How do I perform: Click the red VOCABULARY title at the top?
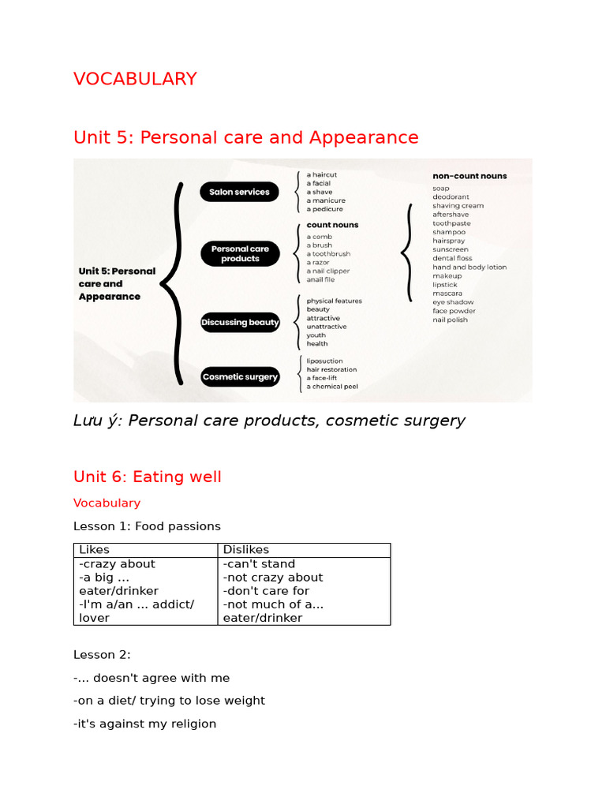point(135,79)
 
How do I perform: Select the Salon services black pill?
point(239,192)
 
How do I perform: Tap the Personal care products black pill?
point(240,253)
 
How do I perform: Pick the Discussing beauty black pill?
point(240,322)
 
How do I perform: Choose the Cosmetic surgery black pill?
point(240,377)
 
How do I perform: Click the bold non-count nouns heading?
point(469,176)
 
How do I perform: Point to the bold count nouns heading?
point(332,225)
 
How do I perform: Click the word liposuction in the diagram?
point(324,361)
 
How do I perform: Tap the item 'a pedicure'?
point(325,209)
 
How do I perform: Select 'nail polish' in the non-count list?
point(450,320)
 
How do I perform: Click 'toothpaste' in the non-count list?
point(451,223)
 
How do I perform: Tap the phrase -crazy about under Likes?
point(118,564)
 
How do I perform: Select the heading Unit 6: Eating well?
point(148,477)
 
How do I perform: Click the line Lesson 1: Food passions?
point(147,526)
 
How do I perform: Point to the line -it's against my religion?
point(144,724)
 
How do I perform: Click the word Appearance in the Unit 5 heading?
point(364,137)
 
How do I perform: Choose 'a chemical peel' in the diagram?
point(332,387)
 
